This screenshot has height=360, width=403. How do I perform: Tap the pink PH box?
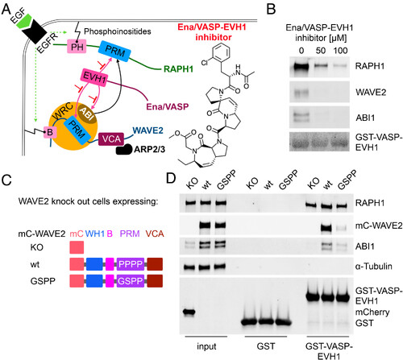click(77, 47)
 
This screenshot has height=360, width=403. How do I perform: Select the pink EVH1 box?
click(94, 77)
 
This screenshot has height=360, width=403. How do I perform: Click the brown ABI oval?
click(86, 113)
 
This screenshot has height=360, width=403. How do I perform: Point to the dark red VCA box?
click(111, 139)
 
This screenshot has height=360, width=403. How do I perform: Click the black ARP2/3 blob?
click(124, 149)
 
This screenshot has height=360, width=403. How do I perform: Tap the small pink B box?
click(50, 132)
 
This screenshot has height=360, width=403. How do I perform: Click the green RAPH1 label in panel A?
click(178, 69)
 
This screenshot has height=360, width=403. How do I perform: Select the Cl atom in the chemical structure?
click(205, 63)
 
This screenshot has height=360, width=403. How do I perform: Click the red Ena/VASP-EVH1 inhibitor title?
click(212, 32)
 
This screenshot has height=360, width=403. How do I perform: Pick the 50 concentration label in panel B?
click(321, 51)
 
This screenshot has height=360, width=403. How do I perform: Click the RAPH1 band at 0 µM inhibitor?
click(301, 66)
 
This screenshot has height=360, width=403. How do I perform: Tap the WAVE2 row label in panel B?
click(371, 93)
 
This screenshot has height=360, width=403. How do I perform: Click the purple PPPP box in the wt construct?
click(131, 264)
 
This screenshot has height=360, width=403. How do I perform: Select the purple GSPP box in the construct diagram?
click(131, 281)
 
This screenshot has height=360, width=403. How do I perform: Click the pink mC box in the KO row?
click(77, 247)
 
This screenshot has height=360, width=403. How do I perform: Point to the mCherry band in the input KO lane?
click(189, 312)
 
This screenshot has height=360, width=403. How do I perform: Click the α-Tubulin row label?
click(374, 267)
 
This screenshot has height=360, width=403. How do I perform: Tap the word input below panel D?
click(206, 346)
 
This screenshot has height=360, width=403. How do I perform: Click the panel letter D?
click(171, 178)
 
